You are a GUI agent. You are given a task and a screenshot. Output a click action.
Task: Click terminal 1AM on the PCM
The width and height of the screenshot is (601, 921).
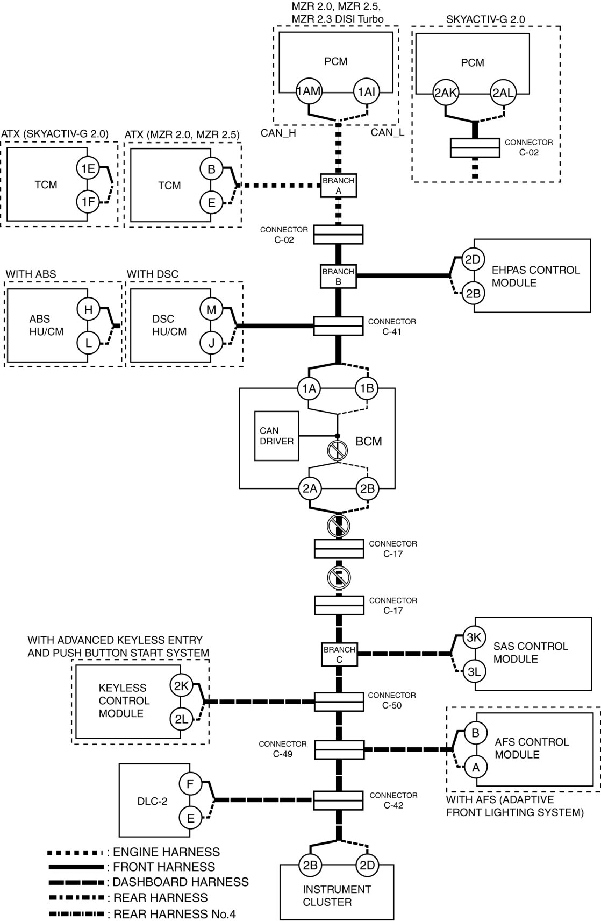click(x=309, y=91)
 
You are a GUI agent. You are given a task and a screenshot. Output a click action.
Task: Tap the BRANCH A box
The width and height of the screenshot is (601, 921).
click(x=338, y=186)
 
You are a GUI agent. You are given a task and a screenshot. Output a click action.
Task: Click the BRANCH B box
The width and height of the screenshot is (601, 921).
click(x=338, y=277)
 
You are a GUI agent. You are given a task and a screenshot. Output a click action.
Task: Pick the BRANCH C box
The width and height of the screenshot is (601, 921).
click(x=339, y=654)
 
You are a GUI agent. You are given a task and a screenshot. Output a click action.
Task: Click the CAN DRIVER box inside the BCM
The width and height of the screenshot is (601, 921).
click(x=276, y=436)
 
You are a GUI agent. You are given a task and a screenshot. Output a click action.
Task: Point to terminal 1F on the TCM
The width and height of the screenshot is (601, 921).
click(x=88, y=202)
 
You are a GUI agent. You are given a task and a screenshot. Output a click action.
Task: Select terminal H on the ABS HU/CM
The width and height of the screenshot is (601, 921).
click(x=88, y=309)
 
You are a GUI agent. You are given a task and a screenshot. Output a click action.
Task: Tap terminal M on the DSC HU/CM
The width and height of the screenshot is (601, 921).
click(x=211, y=309)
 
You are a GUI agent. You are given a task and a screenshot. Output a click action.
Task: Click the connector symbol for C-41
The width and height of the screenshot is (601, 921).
click(x=338, y=326)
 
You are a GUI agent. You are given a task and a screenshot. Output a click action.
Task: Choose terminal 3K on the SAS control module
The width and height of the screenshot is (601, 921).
click(x=474, y=637)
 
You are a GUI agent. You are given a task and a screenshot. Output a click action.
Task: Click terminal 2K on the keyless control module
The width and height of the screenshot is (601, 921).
click(x=181, y=685)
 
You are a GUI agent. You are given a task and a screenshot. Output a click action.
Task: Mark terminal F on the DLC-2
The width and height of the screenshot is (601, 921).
click(x=190, y=784)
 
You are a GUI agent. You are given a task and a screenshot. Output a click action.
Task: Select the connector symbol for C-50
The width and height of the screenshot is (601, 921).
click(x=339, y=702)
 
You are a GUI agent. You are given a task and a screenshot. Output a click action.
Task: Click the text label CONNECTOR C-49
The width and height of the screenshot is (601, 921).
click(x=283, y=749)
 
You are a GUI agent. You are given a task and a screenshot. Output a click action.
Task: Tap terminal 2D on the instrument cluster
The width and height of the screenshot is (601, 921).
click(x=367, y=865)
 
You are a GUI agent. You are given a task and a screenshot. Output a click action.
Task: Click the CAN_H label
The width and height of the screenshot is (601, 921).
click(x=278, y=133)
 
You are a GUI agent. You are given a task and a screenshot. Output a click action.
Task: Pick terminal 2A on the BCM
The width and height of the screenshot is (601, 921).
click(x=310, y=488)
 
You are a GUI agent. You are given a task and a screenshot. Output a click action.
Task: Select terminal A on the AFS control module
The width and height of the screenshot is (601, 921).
click(x=475, y=767)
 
